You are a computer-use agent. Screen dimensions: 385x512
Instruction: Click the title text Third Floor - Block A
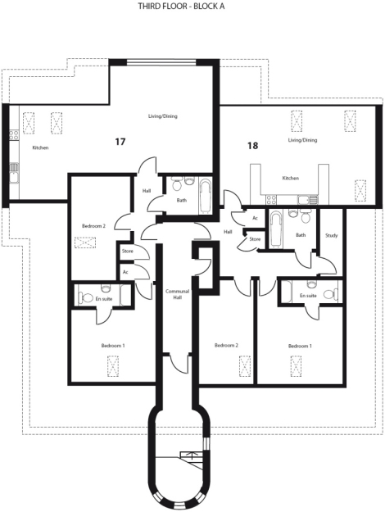(x=181, y=7)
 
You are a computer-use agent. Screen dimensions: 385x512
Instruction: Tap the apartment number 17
(x=120, y=142)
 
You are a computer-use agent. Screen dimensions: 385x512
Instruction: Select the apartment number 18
(x=253, y=145)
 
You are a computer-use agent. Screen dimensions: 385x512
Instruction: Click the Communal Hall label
(x=177, y=294)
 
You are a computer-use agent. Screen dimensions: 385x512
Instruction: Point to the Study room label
(x=332, y=235)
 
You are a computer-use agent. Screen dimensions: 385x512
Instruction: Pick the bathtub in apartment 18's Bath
(x=276, y=229)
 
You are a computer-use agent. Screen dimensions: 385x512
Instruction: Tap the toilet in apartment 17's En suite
(x=86, y=297)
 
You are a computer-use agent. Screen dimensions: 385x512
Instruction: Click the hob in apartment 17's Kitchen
(x=14, y=134)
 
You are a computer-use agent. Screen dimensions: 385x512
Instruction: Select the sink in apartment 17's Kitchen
(x=14, y=173)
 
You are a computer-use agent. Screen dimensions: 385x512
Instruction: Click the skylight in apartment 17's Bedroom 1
(x=113, y=366)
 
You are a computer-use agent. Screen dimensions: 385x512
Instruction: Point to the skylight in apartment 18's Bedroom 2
(x=245, y=366)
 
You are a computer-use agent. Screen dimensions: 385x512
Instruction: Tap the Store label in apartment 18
(x=255, y=239)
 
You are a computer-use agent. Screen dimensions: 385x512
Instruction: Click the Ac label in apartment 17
(x=125, y=272)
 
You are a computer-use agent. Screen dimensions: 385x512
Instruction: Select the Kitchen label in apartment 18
(x=291, y=179)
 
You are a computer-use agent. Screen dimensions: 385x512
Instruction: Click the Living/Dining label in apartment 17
(x=163, y=116)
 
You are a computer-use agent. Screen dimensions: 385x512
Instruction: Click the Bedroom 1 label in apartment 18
(x=300, y=347)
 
